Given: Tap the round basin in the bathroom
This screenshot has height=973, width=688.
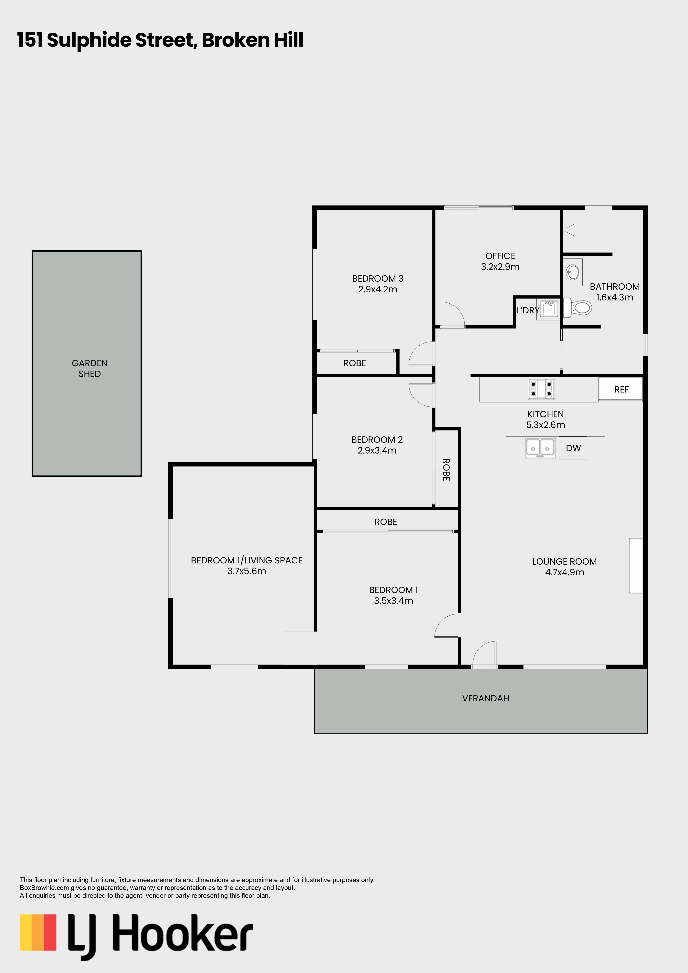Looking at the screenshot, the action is (x=573, y=272).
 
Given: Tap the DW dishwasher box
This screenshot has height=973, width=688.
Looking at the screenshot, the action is (x=573, y=448).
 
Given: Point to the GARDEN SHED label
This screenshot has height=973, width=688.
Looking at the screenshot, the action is (x=89, y=368).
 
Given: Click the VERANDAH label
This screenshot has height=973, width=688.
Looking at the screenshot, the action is (x=485, y=698).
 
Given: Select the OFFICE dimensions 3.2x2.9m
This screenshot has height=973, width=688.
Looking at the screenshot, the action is (x=500, y=267).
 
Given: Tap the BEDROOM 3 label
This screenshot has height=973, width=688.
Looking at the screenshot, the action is (x=378, y=278).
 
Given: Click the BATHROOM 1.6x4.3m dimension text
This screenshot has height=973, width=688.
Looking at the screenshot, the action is (x=615, y=297).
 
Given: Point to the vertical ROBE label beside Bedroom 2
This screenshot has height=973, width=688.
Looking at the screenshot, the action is (x=446, y=470).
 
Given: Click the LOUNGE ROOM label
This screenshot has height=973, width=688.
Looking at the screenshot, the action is (x=564, y=561).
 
